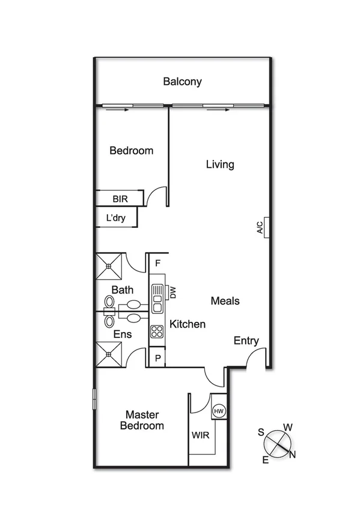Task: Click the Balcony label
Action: point(182,82)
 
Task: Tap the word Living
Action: point(220,164)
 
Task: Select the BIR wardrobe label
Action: point(120,198)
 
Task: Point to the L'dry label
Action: point(115,218)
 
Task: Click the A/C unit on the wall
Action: point(263,227)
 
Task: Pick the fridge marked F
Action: point(157,263)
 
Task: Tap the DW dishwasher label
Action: point(172,292)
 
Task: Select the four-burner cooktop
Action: point(157,330)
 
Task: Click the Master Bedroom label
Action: point(142,420)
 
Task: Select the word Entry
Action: point(246,341)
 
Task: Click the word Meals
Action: point(225,301)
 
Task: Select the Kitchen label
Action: point(188,324)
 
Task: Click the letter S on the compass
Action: point(261,432)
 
